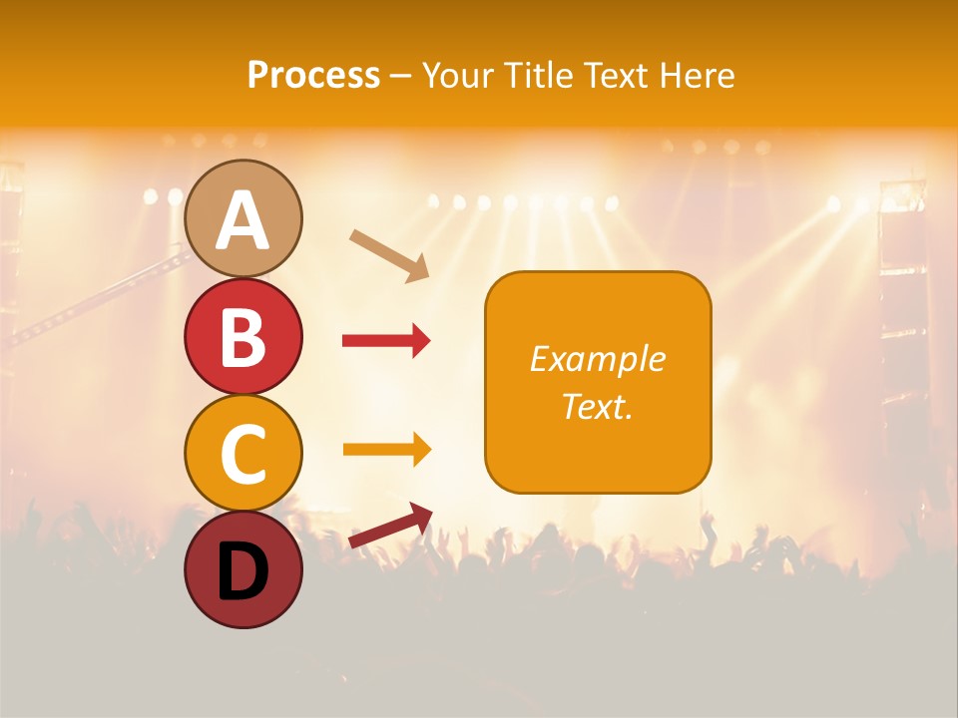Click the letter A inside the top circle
coord(243,221)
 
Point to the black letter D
coord(243,571)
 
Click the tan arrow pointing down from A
coord(389,255)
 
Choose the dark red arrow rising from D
coord(390,526)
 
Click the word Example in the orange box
coord(598,359)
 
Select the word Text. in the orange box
coord(598,407)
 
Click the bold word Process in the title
coord(313,75)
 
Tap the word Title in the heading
coord(535,75)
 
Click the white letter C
coord(243,455)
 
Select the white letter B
coord(243,338)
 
